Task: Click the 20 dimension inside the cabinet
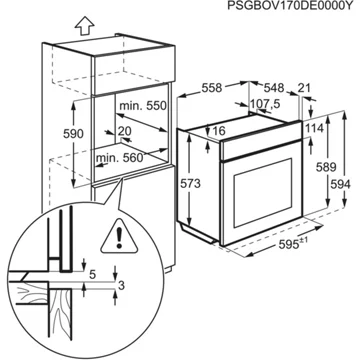click(125, 130)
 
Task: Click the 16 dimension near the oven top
click(220, 130)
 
